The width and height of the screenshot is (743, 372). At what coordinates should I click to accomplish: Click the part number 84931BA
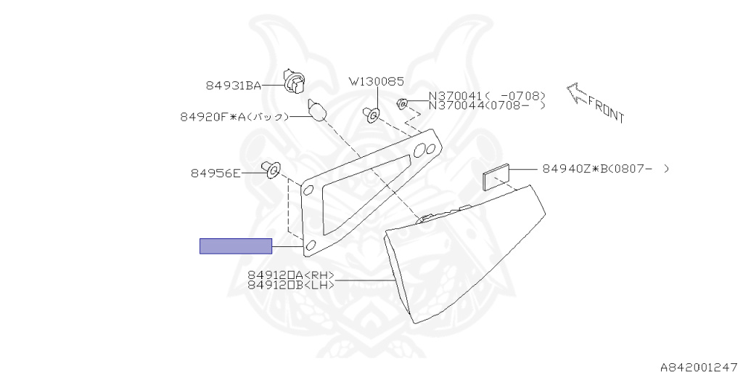233,86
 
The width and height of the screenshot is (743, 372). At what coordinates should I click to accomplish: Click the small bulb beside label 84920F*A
317,110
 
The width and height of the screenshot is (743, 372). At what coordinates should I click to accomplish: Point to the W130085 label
377,81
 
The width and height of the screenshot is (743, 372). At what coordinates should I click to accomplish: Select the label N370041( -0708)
487,96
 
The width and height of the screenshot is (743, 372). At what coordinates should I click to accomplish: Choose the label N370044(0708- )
487,105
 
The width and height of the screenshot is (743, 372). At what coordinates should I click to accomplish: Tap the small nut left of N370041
402,102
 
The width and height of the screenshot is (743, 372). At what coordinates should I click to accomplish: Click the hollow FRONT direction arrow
577,93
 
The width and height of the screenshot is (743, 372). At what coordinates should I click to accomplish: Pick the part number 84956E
215,173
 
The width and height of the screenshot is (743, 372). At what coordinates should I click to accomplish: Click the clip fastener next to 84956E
271,169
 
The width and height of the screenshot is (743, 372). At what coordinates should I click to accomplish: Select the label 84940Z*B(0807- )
606,169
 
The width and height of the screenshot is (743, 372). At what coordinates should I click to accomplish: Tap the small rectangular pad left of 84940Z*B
496,177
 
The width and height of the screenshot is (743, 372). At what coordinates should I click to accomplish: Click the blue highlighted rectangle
236,246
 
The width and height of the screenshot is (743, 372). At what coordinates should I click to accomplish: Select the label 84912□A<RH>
291,275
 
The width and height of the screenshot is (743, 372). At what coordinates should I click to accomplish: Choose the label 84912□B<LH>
291,285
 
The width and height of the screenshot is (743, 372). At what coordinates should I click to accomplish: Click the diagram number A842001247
699,367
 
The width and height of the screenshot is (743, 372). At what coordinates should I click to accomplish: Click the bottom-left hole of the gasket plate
311,245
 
